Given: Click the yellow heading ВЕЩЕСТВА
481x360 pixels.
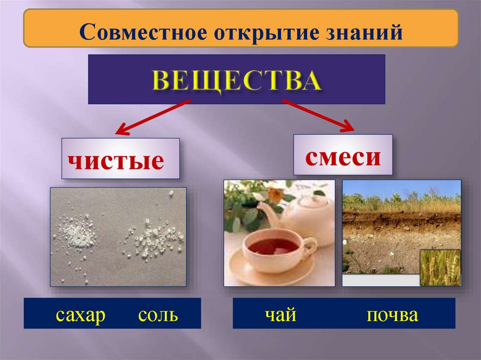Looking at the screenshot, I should coord(237,81).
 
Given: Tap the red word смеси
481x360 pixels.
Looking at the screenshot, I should coord(343,157).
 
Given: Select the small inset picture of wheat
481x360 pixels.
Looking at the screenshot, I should coord(440,268).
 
